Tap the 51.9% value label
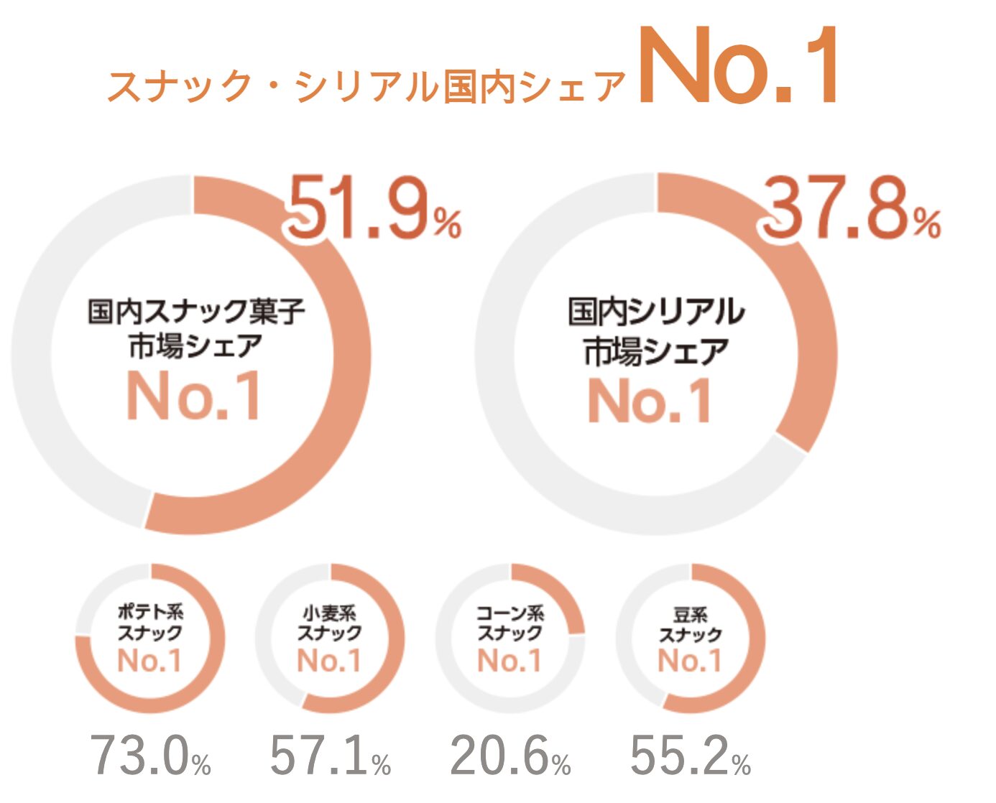pyautogui.click(x=374, y=210)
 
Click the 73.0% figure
pyautogui.click(x=150, y=756)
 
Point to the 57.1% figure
pyautogui.click(x=330, y=756)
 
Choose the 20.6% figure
pyautogui.click(x=510, y=756)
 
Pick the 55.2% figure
pyautogui.click(x=691, y=756)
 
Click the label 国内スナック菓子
pyautogui.click(x=196, y=312)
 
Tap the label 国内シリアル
pyautogui.click(x=656, y=312)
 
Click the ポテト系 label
pyautogui.click(x=150, y=612)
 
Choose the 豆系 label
pyautogui.click(x=691, y=615)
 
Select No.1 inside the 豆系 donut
pyautogui.click(x=690, y=660)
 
